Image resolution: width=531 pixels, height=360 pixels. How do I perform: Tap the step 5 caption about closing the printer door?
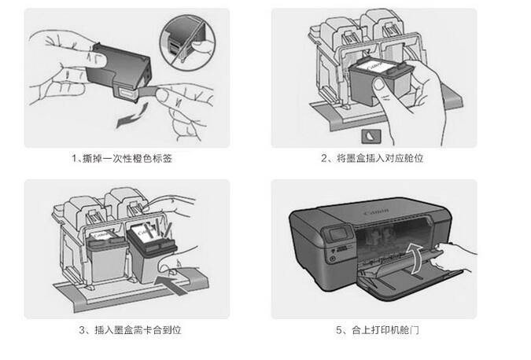click(377, 331)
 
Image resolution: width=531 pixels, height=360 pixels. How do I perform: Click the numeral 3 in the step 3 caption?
click(83, 331)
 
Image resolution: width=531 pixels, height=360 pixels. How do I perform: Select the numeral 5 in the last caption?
click(340, 331)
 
